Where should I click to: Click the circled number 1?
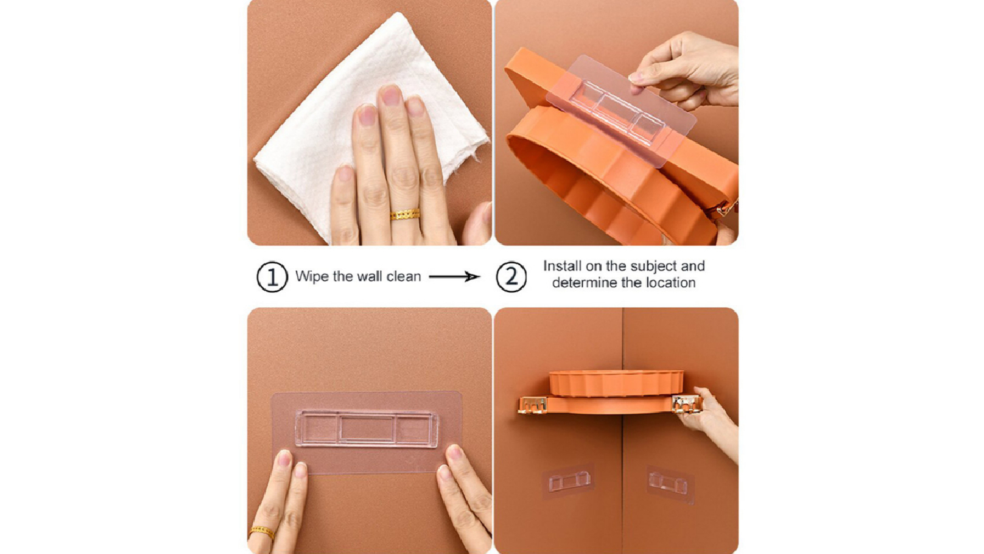(272, 277)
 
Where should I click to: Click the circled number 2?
(511, 277)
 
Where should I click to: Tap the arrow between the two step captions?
(454, 276)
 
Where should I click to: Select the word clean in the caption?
(403, 276)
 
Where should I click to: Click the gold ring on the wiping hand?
(405, 214)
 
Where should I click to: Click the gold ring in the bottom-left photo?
(262, 532)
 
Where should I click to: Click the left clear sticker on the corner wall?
(569, 481)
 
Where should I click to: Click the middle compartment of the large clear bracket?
(367, 429)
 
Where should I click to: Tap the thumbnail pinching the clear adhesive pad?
(635, 77)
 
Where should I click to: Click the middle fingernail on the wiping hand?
(390, 95)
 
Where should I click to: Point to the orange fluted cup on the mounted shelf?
(617, 383)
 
